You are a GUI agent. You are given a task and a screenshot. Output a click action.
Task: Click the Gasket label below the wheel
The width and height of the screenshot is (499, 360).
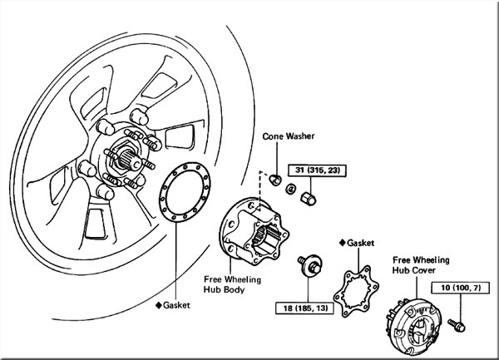[x=177, y=305]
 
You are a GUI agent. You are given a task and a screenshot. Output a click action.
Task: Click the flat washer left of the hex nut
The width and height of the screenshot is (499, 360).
[x=289, y=192]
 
